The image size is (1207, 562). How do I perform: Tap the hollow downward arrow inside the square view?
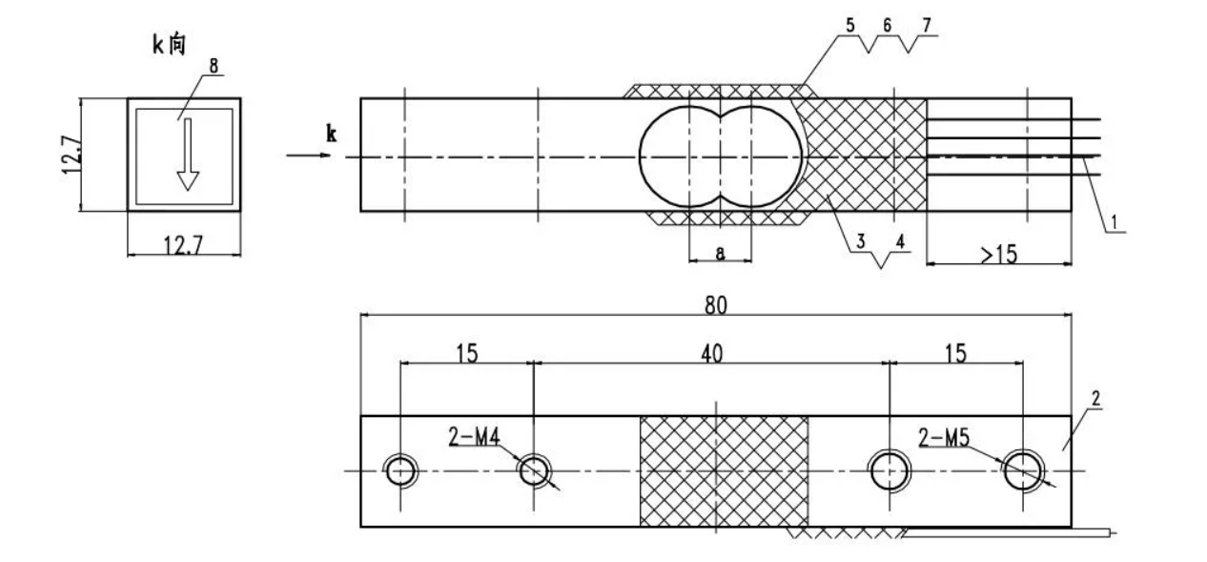[x=188, y=154]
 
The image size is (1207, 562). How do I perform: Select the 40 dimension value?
[x=711, y=353]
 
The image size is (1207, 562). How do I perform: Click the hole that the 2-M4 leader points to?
[x=534, y=469]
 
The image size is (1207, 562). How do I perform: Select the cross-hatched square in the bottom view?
[x=724, y=470]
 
